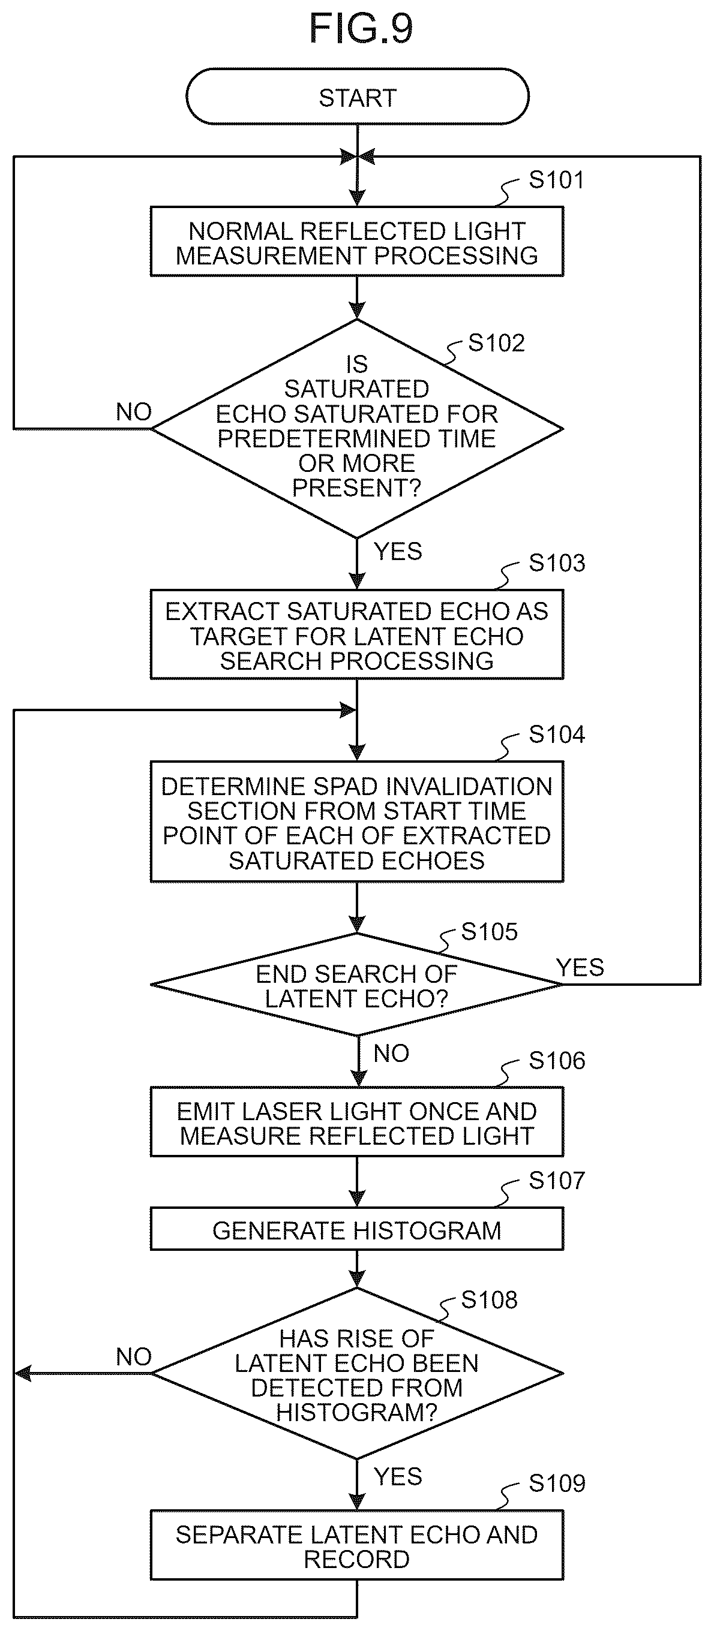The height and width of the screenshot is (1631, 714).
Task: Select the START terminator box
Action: [358, 96]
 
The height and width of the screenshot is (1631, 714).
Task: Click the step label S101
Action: [556, 180]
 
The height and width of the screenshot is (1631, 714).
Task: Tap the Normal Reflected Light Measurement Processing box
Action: [356, 241]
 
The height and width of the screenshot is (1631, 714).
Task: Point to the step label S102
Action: [496, 343]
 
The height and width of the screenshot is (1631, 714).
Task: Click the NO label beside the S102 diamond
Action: [134, 412]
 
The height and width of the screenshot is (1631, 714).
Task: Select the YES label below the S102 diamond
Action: [398, 552]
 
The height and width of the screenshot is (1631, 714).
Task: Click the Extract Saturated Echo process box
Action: [356, 635]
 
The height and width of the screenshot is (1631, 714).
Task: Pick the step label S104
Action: [557, 735]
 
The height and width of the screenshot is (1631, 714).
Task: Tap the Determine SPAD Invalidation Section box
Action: [356, 822]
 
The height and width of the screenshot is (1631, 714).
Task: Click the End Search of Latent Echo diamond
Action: [356, 985]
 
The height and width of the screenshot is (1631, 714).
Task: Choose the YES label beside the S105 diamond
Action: [580, 967]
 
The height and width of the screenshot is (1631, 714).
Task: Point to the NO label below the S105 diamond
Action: [391, 1054]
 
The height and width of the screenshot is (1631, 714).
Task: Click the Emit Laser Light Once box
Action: [356, 1123]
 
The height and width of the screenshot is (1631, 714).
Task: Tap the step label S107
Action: [557, 1180]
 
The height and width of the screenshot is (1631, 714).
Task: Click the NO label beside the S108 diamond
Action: [134, 1357]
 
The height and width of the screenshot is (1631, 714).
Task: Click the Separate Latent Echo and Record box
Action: [356, 1545]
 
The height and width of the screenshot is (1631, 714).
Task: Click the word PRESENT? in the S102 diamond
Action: [356, 488]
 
